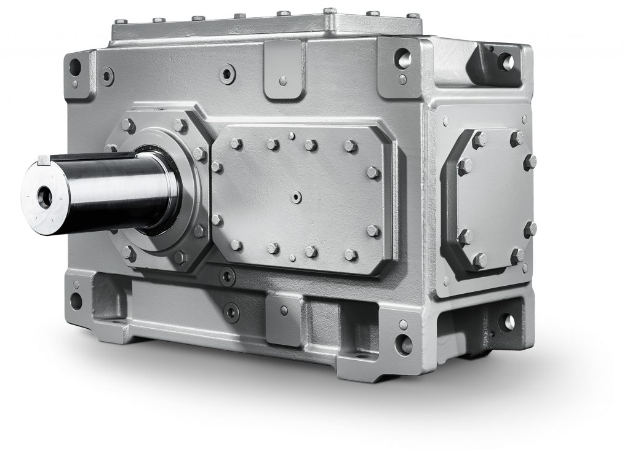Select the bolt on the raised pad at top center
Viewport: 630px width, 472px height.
click(282, 81)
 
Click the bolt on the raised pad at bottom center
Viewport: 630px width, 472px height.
click(286, 309)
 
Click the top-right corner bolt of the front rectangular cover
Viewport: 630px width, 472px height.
click(351, 146)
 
